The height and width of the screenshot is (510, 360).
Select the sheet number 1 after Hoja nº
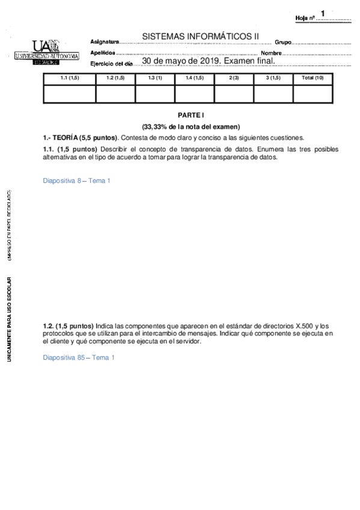[323, 13]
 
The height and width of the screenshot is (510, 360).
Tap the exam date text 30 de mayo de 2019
[186, 61]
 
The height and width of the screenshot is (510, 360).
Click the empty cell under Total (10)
[312, 93]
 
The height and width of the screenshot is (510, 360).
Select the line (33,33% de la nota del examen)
[191, 126]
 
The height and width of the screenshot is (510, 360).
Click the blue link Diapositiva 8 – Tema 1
[77, 180]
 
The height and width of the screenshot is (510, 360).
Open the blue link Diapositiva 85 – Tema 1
[79, 357]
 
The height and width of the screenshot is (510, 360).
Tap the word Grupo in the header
[283, 42]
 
